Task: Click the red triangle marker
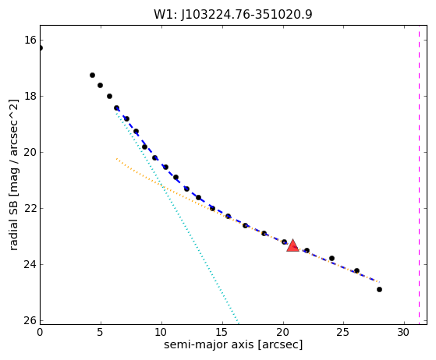pyautogui.click(x=292, y=245)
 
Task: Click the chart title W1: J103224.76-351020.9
pyautogui.click(x=233, y=15)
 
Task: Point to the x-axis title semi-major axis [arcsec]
pyautogui.click(x=233, y=344)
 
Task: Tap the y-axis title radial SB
pyautogui.click(x=13, y=221)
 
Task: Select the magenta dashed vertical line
pyautogui.click(x=419, y=175)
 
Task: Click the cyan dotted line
pyautogui.click(x=177, y=217)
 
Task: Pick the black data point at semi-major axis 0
pyautogui.click(x=41, y=48)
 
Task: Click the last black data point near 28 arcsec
pyautogui.click(x=379, y=289)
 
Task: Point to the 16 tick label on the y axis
pyautogui.click(x=30, y=40)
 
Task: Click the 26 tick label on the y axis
pyautogui.click(x=30, y=320)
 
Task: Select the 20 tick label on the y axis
pyautogui.click(x=30, y=152)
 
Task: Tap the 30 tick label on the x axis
pyautogui.click(x=404, y=332)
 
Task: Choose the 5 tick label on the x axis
pyautogui.click(x=101, y=332)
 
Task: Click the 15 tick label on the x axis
pyautogui.click(x=222, y=332)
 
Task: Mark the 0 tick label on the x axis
pyautogui.click(x=40, y=332)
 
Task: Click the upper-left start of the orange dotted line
pyautogui.click(x=116, y=158)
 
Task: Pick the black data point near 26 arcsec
pyautogui.click(x=356, y=270)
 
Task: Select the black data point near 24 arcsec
pyautogui.click(x=331, y=259)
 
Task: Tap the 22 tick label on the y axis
pyautogui.click(x=30, y=208)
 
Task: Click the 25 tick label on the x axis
pyautogui.click(x=343, y=332)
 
